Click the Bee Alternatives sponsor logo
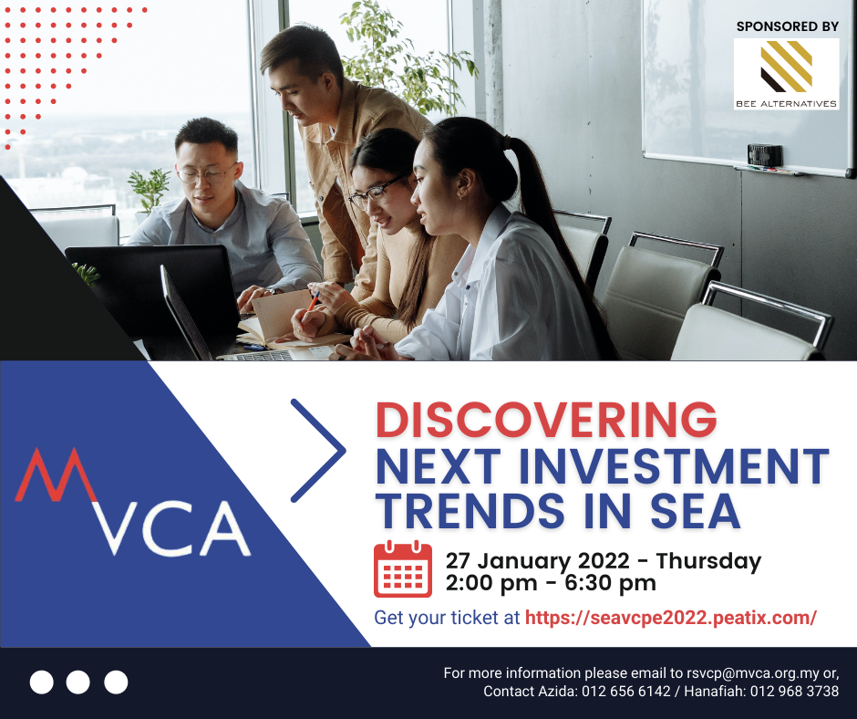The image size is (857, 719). click(x=786, y=74)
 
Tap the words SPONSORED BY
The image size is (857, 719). click(x=787, y=26)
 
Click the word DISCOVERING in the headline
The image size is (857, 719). click(x=546, y=420)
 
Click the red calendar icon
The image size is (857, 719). click(x=402, y=569)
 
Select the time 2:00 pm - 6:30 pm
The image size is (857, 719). click(x=551, y=582)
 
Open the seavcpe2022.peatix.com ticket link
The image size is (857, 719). click(x=670, y=618)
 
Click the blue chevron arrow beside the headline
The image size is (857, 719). click(x=319, y=450)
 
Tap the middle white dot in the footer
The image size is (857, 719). click(x=78, y=682)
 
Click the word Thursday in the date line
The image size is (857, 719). click(x=708, y=561)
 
